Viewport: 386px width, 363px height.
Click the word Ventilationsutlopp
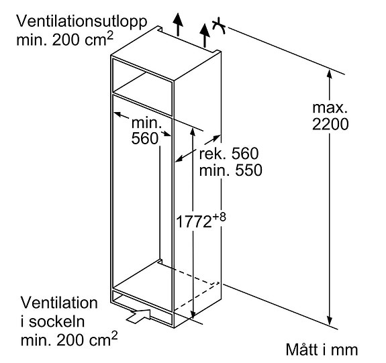(82, 21)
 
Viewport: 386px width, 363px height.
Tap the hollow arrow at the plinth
(139, 316)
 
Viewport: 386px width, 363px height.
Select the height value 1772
(194, 221)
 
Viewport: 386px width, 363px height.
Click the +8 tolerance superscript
(219, 217)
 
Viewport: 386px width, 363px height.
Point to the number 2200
(330, 123)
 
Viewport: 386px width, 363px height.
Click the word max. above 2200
(330, 108)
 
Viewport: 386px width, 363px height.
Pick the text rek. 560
(229, 154)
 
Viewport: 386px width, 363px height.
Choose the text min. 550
(230, 170)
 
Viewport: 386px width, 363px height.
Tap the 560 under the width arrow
(145, 138)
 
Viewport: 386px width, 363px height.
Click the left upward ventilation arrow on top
(178, 25)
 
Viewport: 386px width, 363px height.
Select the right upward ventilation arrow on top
(205, 36)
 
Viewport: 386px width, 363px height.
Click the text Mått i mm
(322, 349)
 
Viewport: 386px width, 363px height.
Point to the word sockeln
(57, 321)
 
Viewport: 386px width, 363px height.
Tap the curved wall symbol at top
(219, 26)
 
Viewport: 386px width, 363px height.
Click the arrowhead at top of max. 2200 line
(330, 74)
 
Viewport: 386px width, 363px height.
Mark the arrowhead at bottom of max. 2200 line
(330, 321)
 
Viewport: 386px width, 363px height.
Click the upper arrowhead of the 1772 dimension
(193, 132)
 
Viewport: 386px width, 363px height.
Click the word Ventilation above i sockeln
(59, 303)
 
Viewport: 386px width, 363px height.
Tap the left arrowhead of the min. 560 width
(117, 114)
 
